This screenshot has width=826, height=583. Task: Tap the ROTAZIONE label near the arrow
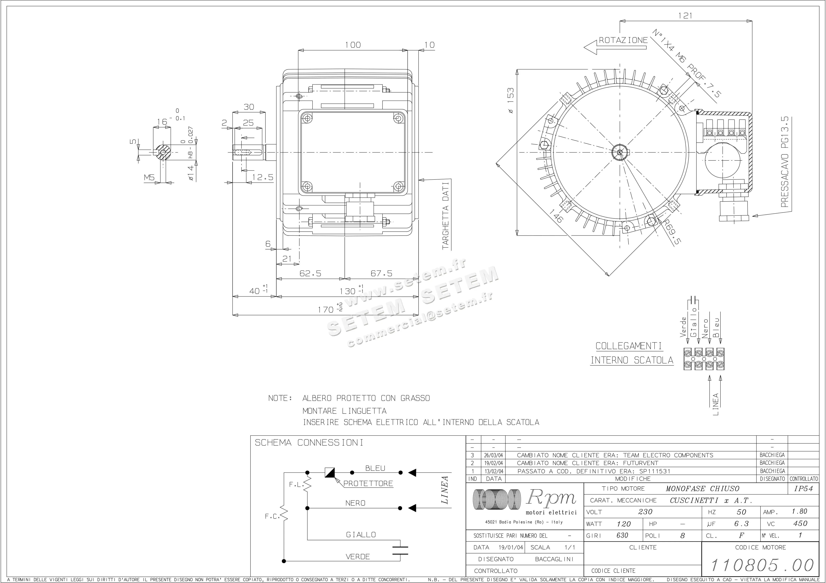623,40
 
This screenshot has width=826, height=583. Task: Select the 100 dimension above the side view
353,45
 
